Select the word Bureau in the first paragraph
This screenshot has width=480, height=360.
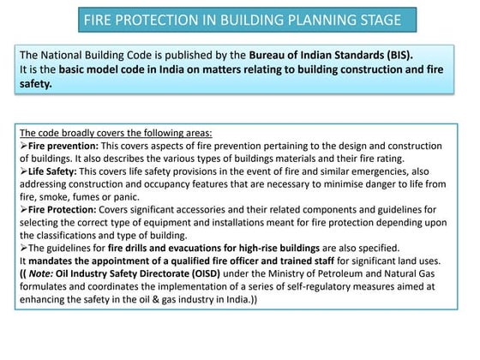coord(274,52)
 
